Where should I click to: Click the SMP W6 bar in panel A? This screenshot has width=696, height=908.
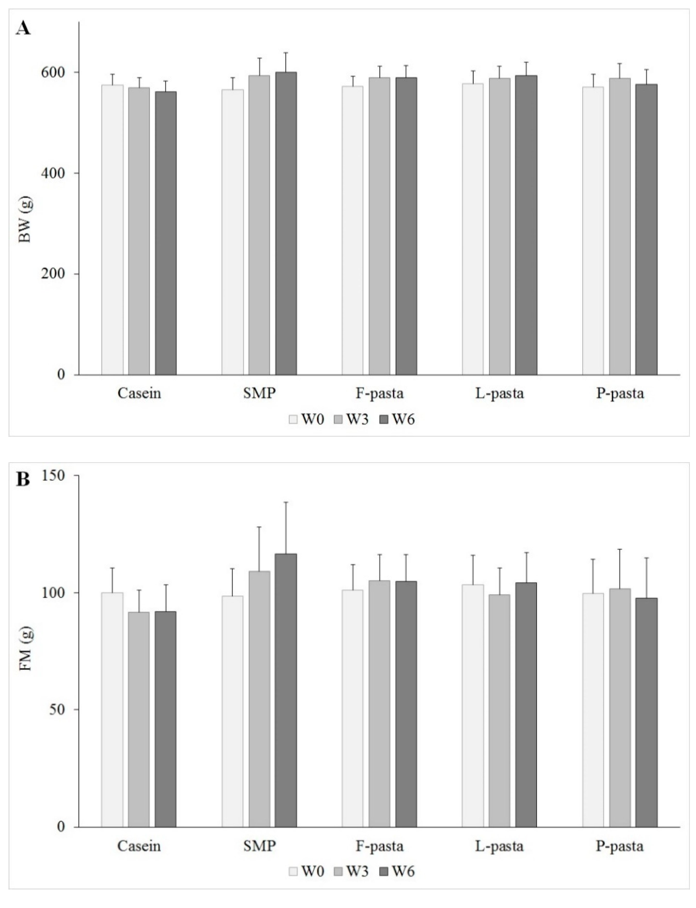click(x=286, y=224)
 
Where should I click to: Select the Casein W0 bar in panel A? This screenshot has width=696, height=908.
click(x=112, y=230)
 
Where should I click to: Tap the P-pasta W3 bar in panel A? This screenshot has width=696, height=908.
click(x=620, y=227)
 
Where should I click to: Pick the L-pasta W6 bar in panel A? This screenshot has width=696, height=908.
click(x=526, y=225)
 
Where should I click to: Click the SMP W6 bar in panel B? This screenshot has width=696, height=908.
click(x=286, y=690)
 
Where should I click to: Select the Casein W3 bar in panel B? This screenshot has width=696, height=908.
click(x=139, y=719)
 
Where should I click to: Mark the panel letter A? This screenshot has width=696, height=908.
click(x=23, y=29)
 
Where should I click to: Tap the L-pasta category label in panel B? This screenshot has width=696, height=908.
click(x=499, y=846)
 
